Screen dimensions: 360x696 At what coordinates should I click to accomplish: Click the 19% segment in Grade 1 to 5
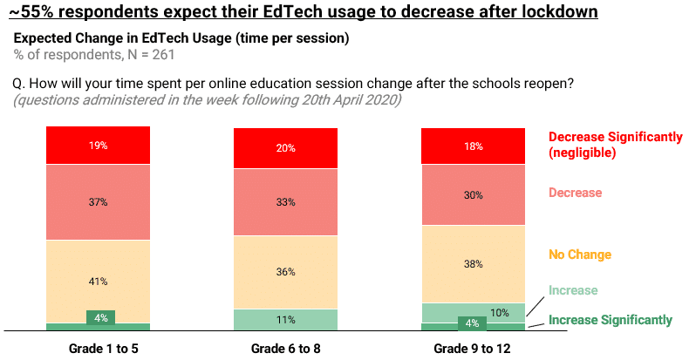(x=98, y=146)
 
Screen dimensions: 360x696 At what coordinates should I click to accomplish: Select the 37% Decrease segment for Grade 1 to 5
(x=98, y=201)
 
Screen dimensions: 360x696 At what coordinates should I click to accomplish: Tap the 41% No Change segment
(x=98, y=281)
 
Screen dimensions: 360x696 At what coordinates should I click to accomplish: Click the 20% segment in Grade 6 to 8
(x=285, y=147)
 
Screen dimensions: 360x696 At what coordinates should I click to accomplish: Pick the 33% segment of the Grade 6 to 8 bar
(x=285, y=201)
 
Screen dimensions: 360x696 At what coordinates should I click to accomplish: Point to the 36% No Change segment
(x=285, y=271)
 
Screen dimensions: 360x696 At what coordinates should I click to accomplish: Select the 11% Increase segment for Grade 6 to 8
(x=285, y=320)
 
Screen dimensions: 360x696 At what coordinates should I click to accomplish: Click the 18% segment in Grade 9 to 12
(x=473, y=146)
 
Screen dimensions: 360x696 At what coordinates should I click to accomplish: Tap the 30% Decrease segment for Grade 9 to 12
(x=473, y=195)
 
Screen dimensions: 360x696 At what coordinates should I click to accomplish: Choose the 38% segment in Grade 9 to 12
(x=473, y=264)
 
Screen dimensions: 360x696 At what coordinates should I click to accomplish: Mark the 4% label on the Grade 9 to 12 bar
(x=473, y=324)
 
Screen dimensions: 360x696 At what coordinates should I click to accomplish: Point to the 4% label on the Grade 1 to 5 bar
(x=100, y=317)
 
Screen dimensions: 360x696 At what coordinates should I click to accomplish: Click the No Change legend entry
(x=579, y=255)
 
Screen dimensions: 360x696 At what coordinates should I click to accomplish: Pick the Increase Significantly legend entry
(x=610, y=320)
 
